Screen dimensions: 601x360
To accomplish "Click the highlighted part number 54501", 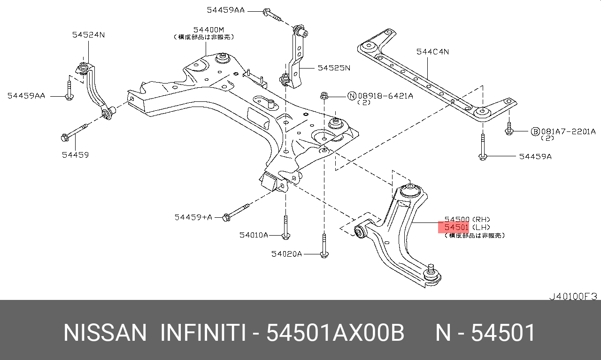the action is (x=456, y=227).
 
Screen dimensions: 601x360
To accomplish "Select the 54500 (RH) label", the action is (x=467, y=219).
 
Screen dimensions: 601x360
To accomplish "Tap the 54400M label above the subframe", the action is (x=208, y=30).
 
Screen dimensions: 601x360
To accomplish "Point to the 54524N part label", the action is (x=88, y=35).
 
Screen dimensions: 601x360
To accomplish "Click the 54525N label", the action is (x=334, y=68).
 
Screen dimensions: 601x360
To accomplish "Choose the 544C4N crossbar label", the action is (x=432, y=52).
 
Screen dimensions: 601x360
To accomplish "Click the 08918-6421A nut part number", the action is (x=385, y=96).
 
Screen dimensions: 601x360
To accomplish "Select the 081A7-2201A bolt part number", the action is (x=568, y=131).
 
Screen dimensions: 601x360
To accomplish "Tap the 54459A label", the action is (x=535, y=156).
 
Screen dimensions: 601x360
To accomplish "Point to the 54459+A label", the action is (x=193, y=217).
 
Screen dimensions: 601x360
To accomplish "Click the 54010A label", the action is (x=254, y=235).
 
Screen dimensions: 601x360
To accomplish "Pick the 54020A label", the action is (x=286, y=254).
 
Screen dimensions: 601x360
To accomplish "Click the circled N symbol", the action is (x=352, y=96).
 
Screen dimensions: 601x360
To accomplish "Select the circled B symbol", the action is (x=535, y=131).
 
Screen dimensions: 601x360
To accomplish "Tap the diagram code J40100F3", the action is (x=573, y=296).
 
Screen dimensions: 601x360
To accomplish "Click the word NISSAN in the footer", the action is (x=105, y=333).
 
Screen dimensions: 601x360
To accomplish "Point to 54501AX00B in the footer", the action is (x=335, y=333).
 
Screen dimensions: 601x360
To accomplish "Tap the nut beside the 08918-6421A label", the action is (x=324, y=96).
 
